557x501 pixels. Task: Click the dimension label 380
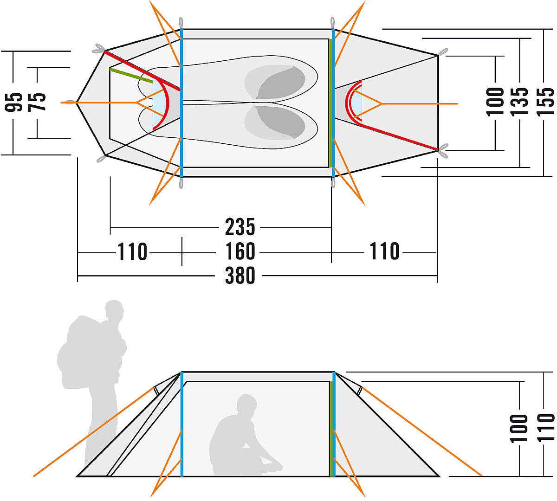(x=240, y=276)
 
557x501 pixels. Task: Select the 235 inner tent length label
(x=240, y=227)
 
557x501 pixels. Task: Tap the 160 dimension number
(x=240, y=251)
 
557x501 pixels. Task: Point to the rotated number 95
(x=13, y=103)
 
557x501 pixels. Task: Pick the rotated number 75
(x=37, y=102)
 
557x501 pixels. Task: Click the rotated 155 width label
(x=545, y=102)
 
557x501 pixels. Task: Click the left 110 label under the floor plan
(x=132, y=251)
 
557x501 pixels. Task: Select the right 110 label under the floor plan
(x=385, y=251)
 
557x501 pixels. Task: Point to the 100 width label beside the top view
(x=495, y=102)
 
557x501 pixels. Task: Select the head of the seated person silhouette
(x=246, y=404)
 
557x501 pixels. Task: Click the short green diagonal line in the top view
(x=131, y=75)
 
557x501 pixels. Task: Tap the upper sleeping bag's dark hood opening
(x=280, y=83)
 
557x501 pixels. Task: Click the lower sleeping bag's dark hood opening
(x=280, y=122)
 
